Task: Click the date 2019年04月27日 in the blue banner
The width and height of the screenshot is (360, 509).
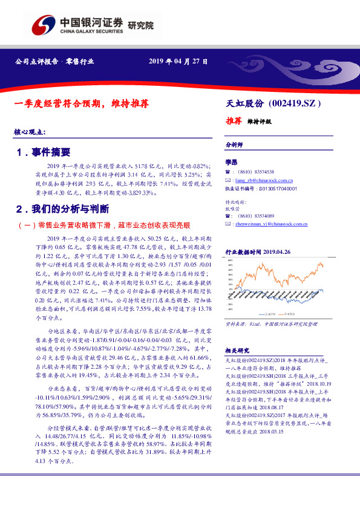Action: (178, 62)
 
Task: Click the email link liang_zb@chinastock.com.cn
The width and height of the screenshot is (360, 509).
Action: (264, 180)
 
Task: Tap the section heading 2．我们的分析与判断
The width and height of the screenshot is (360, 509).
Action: (64, 209)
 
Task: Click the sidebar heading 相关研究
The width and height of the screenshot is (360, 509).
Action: (237, 350)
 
